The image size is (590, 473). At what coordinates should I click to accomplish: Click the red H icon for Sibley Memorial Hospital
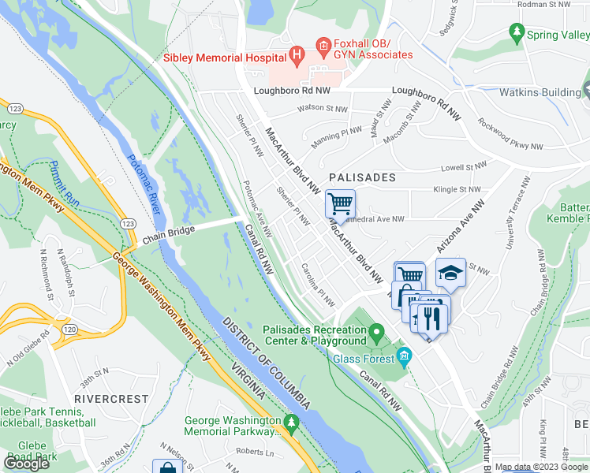297,55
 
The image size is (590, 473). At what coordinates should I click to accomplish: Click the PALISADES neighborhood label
362,177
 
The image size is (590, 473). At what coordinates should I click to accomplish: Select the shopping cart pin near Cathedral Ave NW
340,204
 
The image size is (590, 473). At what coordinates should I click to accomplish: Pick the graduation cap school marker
450,273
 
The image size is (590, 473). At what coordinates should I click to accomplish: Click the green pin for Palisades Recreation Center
377,330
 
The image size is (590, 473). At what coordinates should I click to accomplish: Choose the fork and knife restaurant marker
431,318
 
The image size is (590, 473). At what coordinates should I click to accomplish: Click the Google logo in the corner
27,464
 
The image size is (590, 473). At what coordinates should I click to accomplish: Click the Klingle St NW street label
457,190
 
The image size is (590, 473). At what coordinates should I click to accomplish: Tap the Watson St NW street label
322,109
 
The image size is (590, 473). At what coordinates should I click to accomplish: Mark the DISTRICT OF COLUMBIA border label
267,363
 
